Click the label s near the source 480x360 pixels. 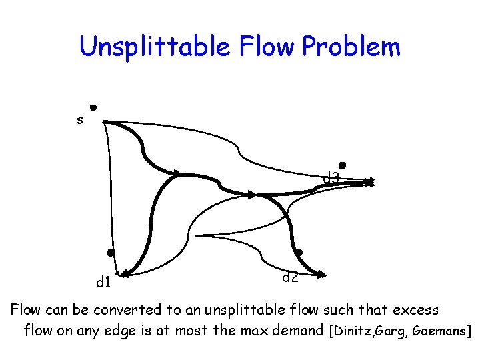click(x=80, y=121)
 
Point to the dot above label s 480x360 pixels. click(x=93, y=107)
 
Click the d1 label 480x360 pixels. click(x=103, y=283)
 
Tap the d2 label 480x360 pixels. click(x=289, y=277)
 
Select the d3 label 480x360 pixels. click(x=331, y=179)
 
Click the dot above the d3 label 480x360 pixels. click(x=341, y=165)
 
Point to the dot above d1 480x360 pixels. click(x=111, y=253)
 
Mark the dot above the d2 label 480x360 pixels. click(x=299, y=252)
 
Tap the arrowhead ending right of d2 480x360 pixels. click(x=322, y=273)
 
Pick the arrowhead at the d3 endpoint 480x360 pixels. click(x=369, y=181)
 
